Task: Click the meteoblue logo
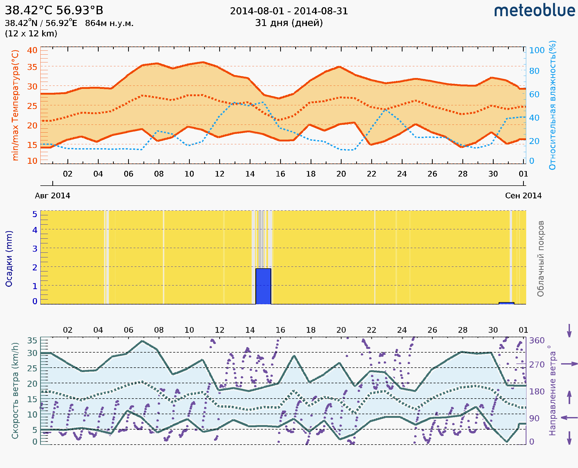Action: coord(534,11)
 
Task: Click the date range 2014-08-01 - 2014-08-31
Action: coord(289,11)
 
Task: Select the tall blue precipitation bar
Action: coord(263,286)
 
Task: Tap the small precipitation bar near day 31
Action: coord(506,303)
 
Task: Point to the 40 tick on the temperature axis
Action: coord(32,50)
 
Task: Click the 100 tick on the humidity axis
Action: coord(537,50)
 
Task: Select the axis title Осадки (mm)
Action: coord(9,259)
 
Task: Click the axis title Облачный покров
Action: coord(540,259)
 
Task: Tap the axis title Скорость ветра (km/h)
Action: coord(15,391)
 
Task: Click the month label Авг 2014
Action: coord(52,196)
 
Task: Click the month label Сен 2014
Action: coord(523,196)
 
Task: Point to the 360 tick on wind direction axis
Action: coord(537,341)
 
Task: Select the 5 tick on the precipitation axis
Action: coord(35,214)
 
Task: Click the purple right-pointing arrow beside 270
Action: coord(569,364)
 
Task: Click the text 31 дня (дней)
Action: coord(289,23)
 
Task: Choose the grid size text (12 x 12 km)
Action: coord(31,34)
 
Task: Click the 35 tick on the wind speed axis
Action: coord(32,341)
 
